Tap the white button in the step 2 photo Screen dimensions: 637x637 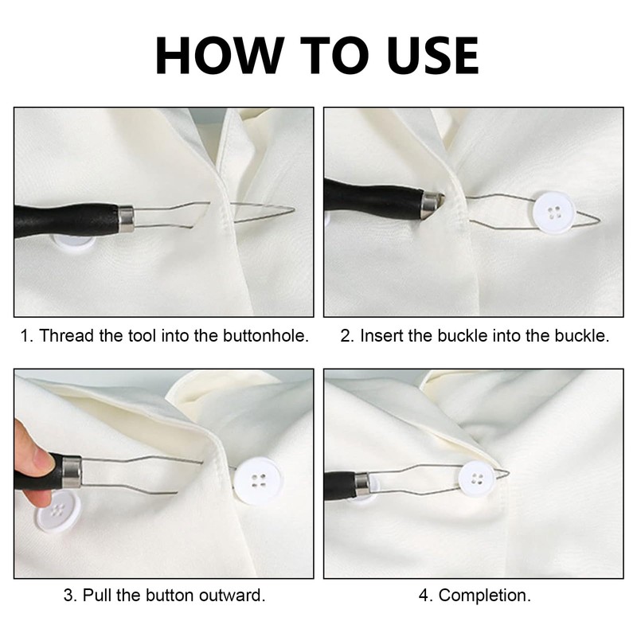554,213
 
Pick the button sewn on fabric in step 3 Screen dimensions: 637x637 256,481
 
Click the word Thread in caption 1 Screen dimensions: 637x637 61,335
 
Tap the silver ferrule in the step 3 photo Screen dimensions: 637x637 72,471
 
